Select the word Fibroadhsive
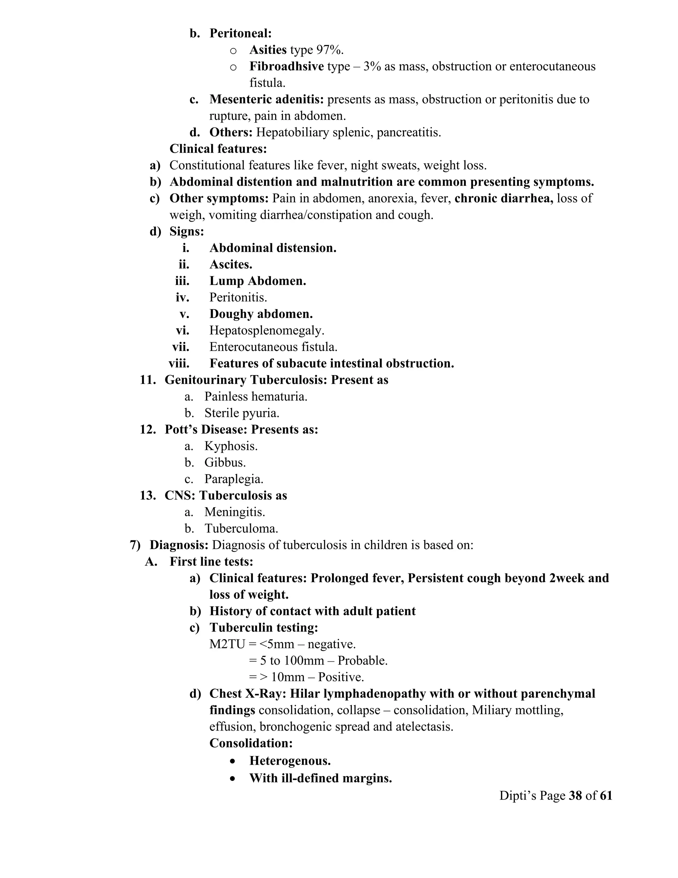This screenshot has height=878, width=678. pos(286,66)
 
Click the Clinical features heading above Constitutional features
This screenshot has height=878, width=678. pos(218,149)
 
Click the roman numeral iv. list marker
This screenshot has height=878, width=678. pos(182,298)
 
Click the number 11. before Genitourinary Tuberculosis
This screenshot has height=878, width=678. pos(148,380)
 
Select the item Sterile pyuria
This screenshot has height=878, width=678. pos(242,413)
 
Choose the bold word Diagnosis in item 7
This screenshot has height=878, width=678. pos(179,545)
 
